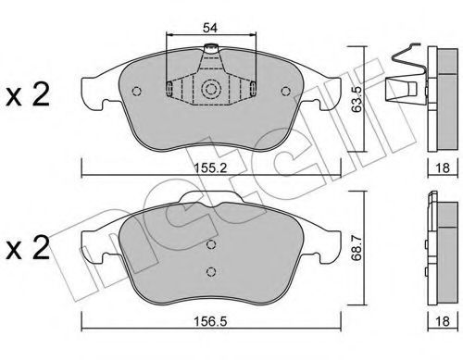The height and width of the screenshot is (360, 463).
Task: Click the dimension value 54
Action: pos(210,28)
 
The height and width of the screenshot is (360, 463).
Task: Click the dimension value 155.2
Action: pos(210,168)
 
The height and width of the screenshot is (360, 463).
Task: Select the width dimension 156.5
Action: pos(210,321)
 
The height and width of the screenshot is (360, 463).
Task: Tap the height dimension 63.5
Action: pos(357,99)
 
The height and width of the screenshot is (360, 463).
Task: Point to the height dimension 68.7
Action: pos(357,247)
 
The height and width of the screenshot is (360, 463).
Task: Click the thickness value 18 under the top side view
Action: pos(443,168)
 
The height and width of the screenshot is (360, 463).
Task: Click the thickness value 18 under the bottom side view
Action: pos(443,321)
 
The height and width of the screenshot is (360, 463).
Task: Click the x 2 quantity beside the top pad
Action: pos(28,95)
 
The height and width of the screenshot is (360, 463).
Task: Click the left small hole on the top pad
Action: pos(136,91)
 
